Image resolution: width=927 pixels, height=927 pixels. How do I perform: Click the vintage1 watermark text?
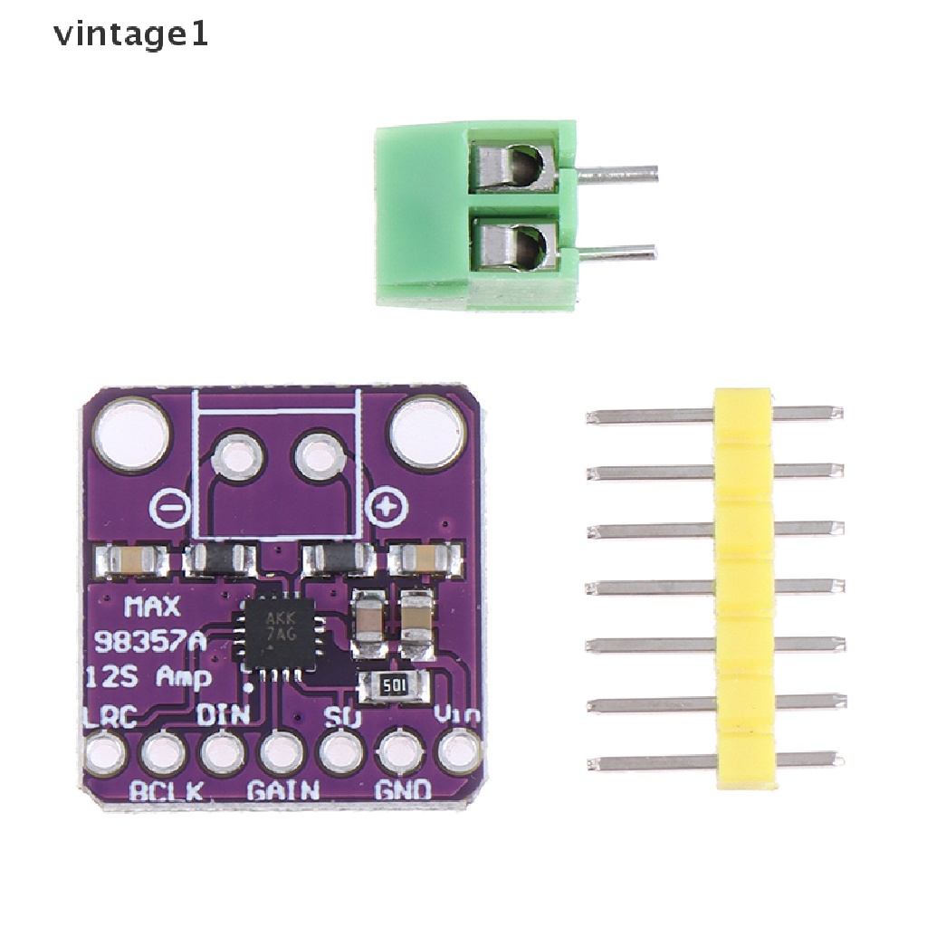click(131, 36)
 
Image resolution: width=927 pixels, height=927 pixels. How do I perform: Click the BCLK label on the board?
click(166, 790)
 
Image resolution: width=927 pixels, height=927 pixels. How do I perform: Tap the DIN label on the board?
click(223, 715)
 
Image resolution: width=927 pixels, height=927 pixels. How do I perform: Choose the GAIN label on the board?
click(283, 790)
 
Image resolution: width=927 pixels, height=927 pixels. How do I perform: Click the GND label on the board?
click(403, 790)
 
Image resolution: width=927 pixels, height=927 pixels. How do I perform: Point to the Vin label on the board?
click(456, 716)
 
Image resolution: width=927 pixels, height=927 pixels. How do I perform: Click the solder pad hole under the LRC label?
click(105, 752)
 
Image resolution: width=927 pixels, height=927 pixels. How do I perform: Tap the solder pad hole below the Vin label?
click(460, 751)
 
